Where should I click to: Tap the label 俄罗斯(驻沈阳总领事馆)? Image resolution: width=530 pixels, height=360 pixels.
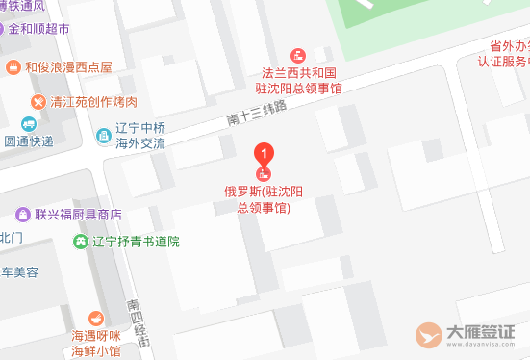(264, 198)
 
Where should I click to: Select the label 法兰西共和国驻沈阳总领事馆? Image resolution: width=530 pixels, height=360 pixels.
(300, 79)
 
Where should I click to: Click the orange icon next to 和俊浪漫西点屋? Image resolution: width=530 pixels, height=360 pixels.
(13, 67)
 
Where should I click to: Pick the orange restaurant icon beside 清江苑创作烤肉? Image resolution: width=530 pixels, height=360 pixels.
(38, 101)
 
